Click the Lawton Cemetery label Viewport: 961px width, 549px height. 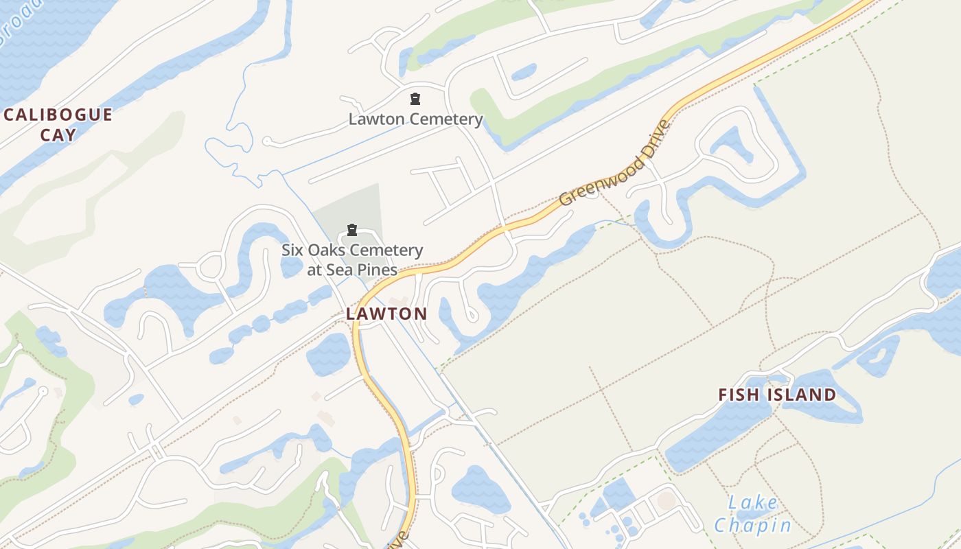click(415, 119)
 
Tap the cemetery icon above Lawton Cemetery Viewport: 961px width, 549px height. click(415, 100)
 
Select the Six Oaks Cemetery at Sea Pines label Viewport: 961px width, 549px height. click(352, 259)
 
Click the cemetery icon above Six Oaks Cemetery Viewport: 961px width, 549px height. click(352, 230)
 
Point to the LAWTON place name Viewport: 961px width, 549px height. click(386, 314)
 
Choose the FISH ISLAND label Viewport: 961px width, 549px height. click(777, 395)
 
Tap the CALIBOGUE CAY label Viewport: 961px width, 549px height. click(58, 124)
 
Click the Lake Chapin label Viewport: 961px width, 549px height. click(753, 514)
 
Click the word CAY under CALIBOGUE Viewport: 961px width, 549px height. click(58, 134)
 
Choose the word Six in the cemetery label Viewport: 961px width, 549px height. click(292, 250)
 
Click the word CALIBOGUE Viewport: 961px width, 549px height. click(58, 115)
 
